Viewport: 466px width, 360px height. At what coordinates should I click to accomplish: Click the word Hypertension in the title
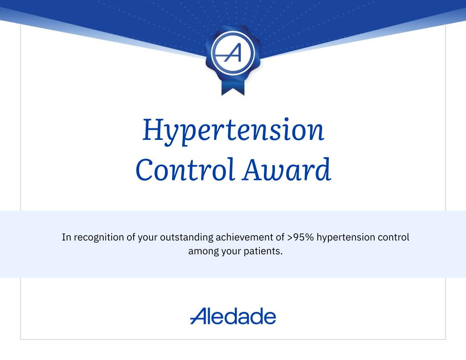(x=233, y=131)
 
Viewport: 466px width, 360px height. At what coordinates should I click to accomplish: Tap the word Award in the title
(x=286, y=170)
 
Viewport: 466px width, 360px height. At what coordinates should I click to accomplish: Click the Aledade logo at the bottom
(x=233, y=316)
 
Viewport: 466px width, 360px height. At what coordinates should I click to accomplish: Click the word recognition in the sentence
(x=98, y=237)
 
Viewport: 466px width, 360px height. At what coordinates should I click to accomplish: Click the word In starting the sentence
(x=66, y=237)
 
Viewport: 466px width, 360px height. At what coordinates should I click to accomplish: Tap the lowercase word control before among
(x=393, y=237)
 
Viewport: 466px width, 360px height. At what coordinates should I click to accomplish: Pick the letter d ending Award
(x=323, y=170)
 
